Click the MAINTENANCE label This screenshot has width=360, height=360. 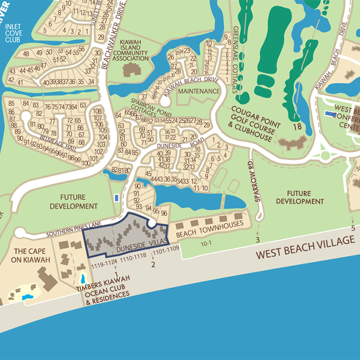coord(199,91)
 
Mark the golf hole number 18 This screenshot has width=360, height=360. coord(297,126)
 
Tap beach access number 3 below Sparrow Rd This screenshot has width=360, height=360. coord(257,240)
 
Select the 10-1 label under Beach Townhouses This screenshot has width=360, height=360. coord(207,244)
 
